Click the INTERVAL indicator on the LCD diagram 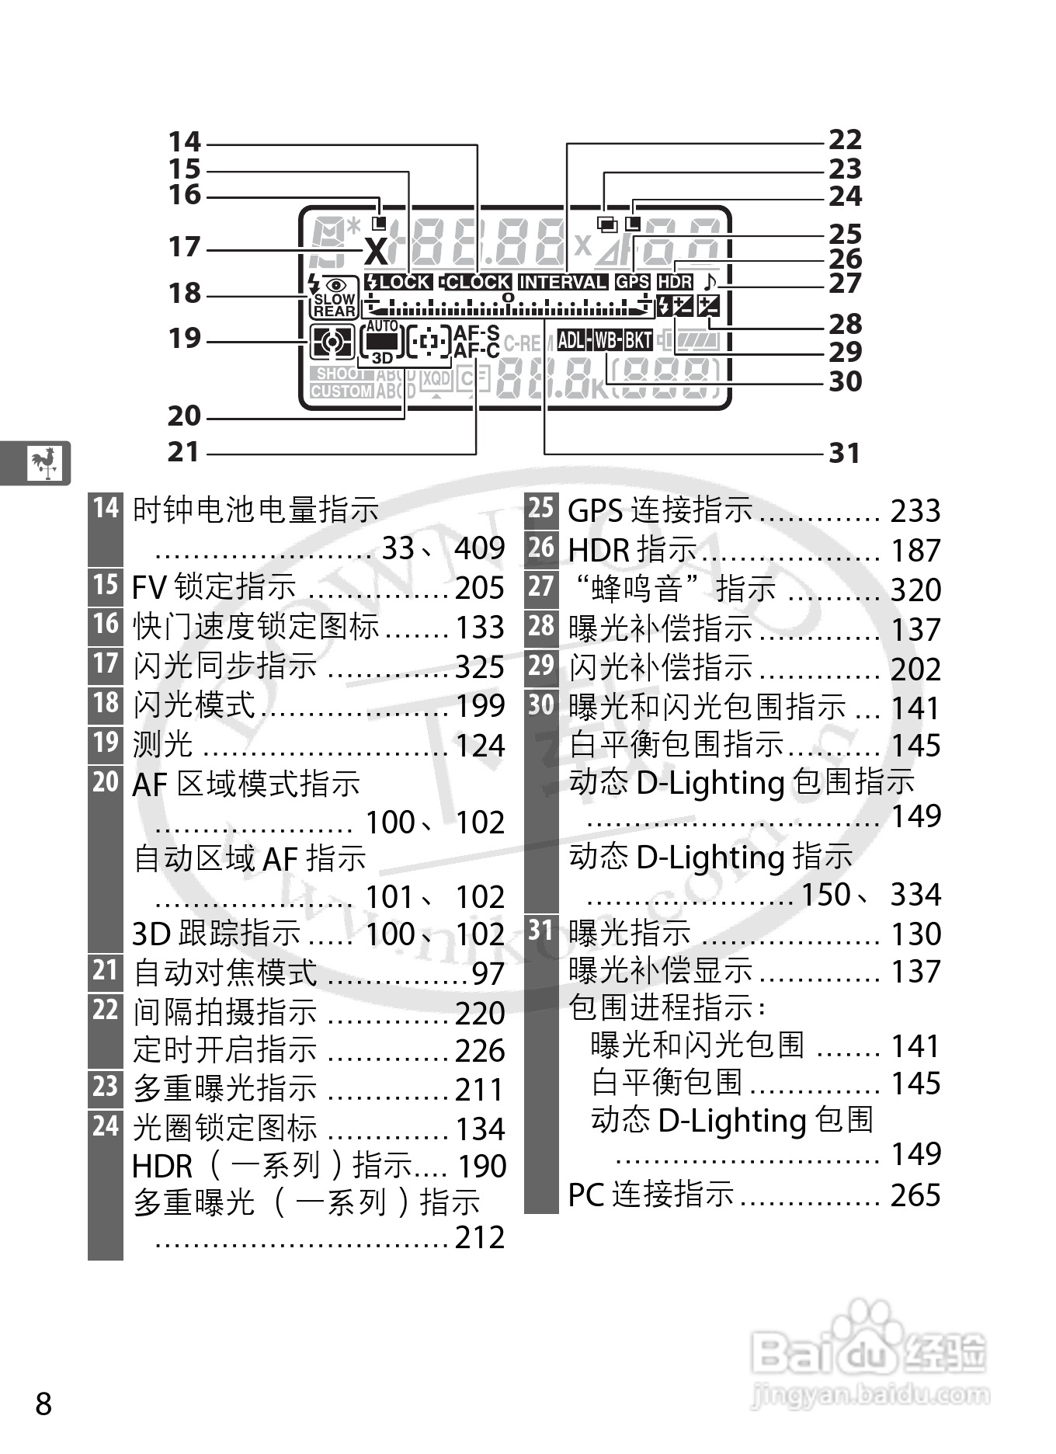coord(562,283)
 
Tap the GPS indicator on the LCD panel coord(632,283)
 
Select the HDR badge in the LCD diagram coord(674,283)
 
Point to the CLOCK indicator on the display coord(475,283)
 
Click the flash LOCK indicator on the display coord(398,283)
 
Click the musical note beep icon coord(709,281)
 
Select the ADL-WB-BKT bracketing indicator coord(605,340)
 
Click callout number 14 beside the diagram coord(185,142)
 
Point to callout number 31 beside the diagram coord(845,453)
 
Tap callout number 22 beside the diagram coord(845,140)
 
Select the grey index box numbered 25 coord(541,509)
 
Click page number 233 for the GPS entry coord(915,511)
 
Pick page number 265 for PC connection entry coord(915,1195)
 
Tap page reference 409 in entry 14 coord(480,548)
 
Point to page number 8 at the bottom coord(43,1404)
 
